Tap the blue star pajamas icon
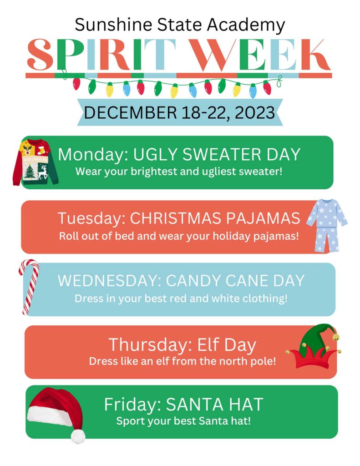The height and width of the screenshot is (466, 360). [x=326, y=225]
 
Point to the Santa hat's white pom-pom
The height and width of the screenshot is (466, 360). [x=78, y=436]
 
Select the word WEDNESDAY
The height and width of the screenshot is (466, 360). [x=107, y=280]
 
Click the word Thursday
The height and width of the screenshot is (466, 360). [x=145, y=344]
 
